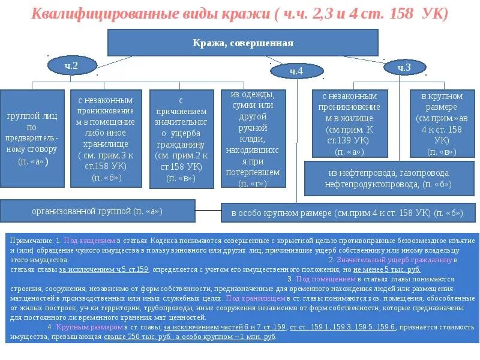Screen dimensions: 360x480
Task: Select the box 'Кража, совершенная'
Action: click(242, 43)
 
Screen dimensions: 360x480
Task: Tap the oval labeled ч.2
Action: click(71, 66)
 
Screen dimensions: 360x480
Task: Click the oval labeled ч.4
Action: click(296, 71)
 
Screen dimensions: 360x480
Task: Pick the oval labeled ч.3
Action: click(404, 68)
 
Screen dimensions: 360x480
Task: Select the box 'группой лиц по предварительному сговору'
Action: click(32, 137)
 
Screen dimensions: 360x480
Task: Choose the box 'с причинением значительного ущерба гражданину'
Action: click(181, 137)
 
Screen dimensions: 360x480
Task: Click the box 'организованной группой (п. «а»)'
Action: click(97, 211)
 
